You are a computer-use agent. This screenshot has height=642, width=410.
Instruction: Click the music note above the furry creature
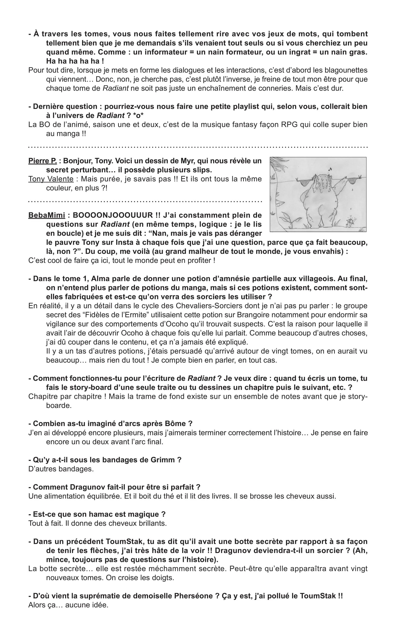[330, 169]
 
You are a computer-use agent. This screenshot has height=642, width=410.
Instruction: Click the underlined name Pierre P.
[42, 161]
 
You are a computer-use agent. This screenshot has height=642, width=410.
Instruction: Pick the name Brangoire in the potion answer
[254, 315]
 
